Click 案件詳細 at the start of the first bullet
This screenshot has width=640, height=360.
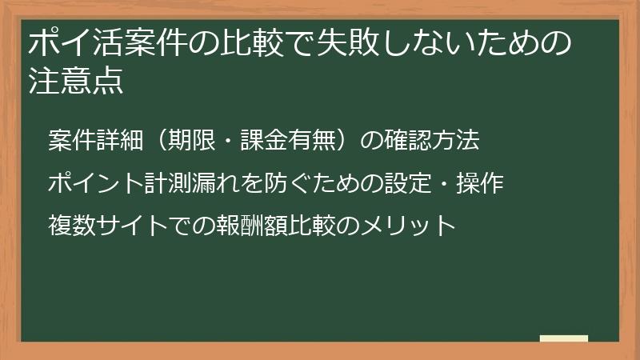94,142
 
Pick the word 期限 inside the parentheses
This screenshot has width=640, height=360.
192,142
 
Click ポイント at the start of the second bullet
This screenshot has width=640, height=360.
94,184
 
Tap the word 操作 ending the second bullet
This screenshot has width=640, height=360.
479,184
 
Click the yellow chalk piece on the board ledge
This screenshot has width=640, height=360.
563,339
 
